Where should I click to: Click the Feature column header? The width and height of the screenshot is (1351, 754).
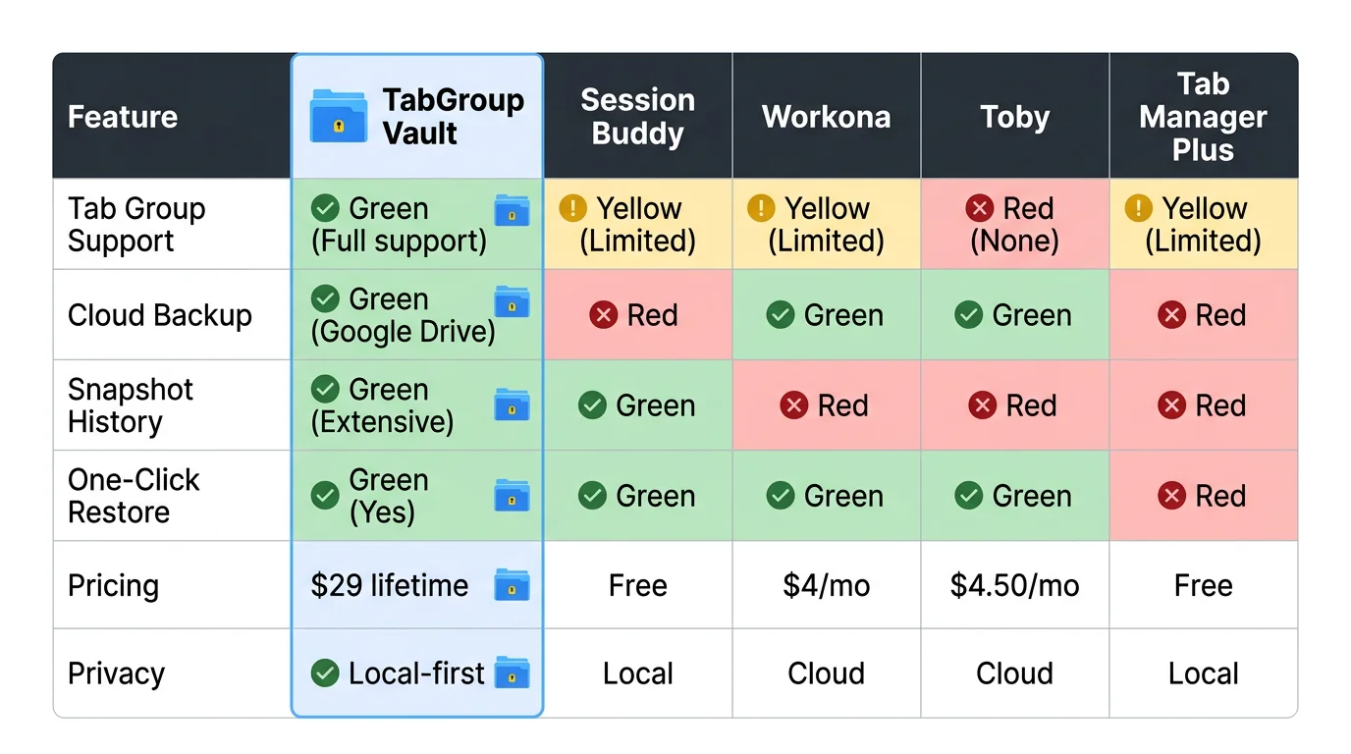point(123,118)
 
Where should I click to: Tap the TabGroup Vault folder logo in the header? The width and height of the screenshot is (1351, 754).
point(339,117)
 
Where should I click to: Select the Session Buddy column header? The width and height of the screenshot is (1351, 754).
point(637,117)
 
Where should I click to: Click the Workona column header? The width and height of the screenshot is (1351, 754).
point(826,118)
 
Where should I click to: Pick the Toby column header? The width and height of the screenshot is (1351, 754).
point(1014,118)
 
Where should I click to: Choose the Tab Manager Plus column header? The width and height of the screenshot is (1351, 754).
point(1203,118)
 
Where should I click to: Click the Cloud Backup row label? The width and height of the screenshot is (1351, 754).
point(159,315)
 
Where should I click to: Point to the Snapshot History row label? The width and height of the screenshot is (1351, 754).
point(130,405)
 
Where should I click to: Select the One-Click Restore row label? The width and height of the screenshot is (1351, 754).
point(134,496)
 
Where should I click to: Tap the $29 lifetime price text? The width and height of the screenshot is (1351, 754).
point(389,586)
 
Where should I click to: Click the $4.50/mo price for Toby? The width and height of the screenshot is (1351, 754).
point(1014,586)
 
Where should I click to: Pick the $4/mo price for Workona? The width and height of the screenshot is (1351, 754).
point(826,586)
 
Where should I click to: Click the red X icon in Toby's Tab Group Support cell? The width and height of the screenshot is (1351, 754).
point(979,208)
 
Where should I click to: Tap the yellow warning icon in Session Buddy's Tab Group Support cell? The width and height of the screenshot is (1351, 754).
point(572,208)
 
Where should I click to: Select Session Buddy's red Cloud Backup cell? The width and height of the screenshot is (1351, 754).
point(637,315)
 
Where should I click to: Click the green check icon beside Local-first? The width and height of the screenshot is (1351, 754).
point(325,673)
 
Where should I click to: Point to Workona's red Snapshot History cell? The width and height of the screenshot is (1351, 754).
point(826,405)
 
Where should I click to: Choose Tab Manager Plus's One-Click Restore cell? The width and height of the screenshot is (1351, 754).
point(1203,496)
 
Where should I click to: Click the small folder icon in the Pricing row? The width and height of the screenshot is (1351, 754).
point(512,585)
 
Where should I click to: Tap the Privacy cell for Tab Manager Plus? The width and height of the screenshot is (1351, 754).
point(1203,674)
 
